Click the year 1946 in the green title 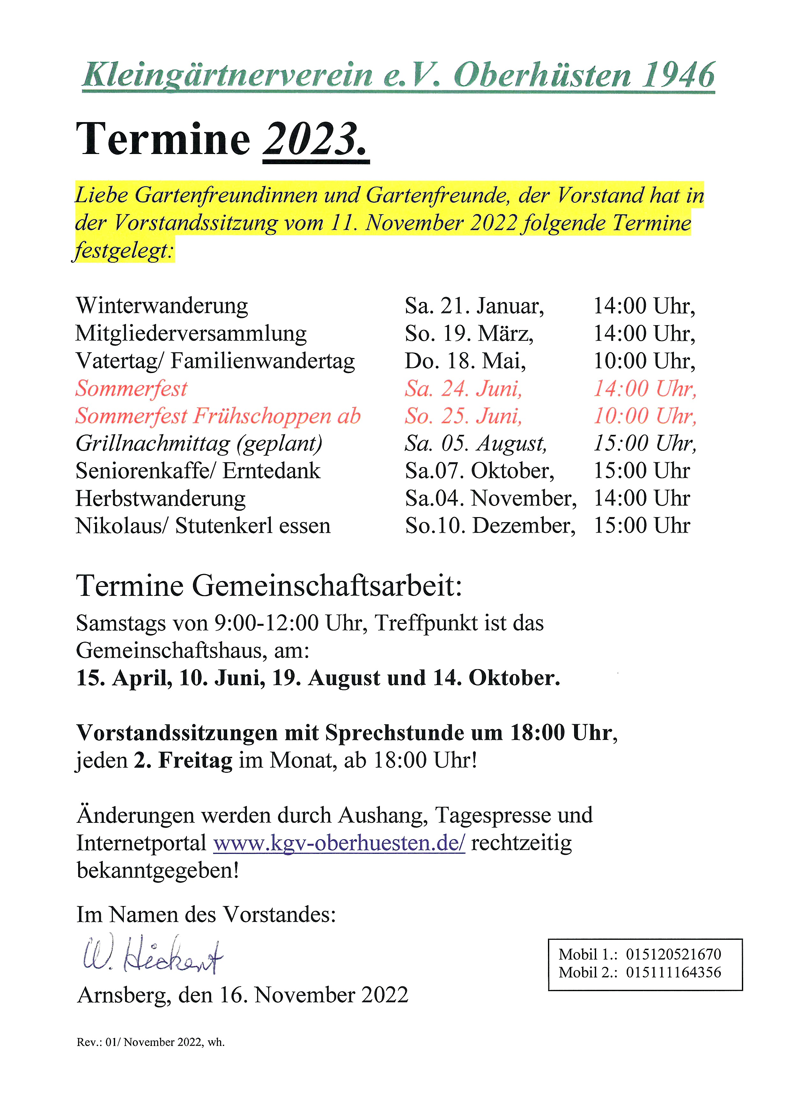click(x=678, y=76)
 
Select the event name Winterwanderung click(x=162, y=306)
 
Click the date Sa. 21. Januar click(x=474, y=306)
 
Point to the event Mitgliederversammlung click(x=191, y=333)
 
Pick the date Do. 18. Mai click(x=465, y=361)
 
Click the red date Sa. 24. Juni click(x=463, y=389)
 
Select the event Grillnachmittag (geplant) click(x=199, y=443)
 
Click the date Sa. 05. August click(x=475, y=443)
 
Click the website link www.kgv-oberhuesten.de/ click(x=339, y=843)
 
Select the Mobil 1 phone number click(x=673, y=954)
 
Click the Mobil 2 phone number click(x=673, y=972)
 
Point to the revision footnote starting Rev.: click(x=151, y=1042)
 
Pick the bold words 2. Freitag click(x=183, y=760)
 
